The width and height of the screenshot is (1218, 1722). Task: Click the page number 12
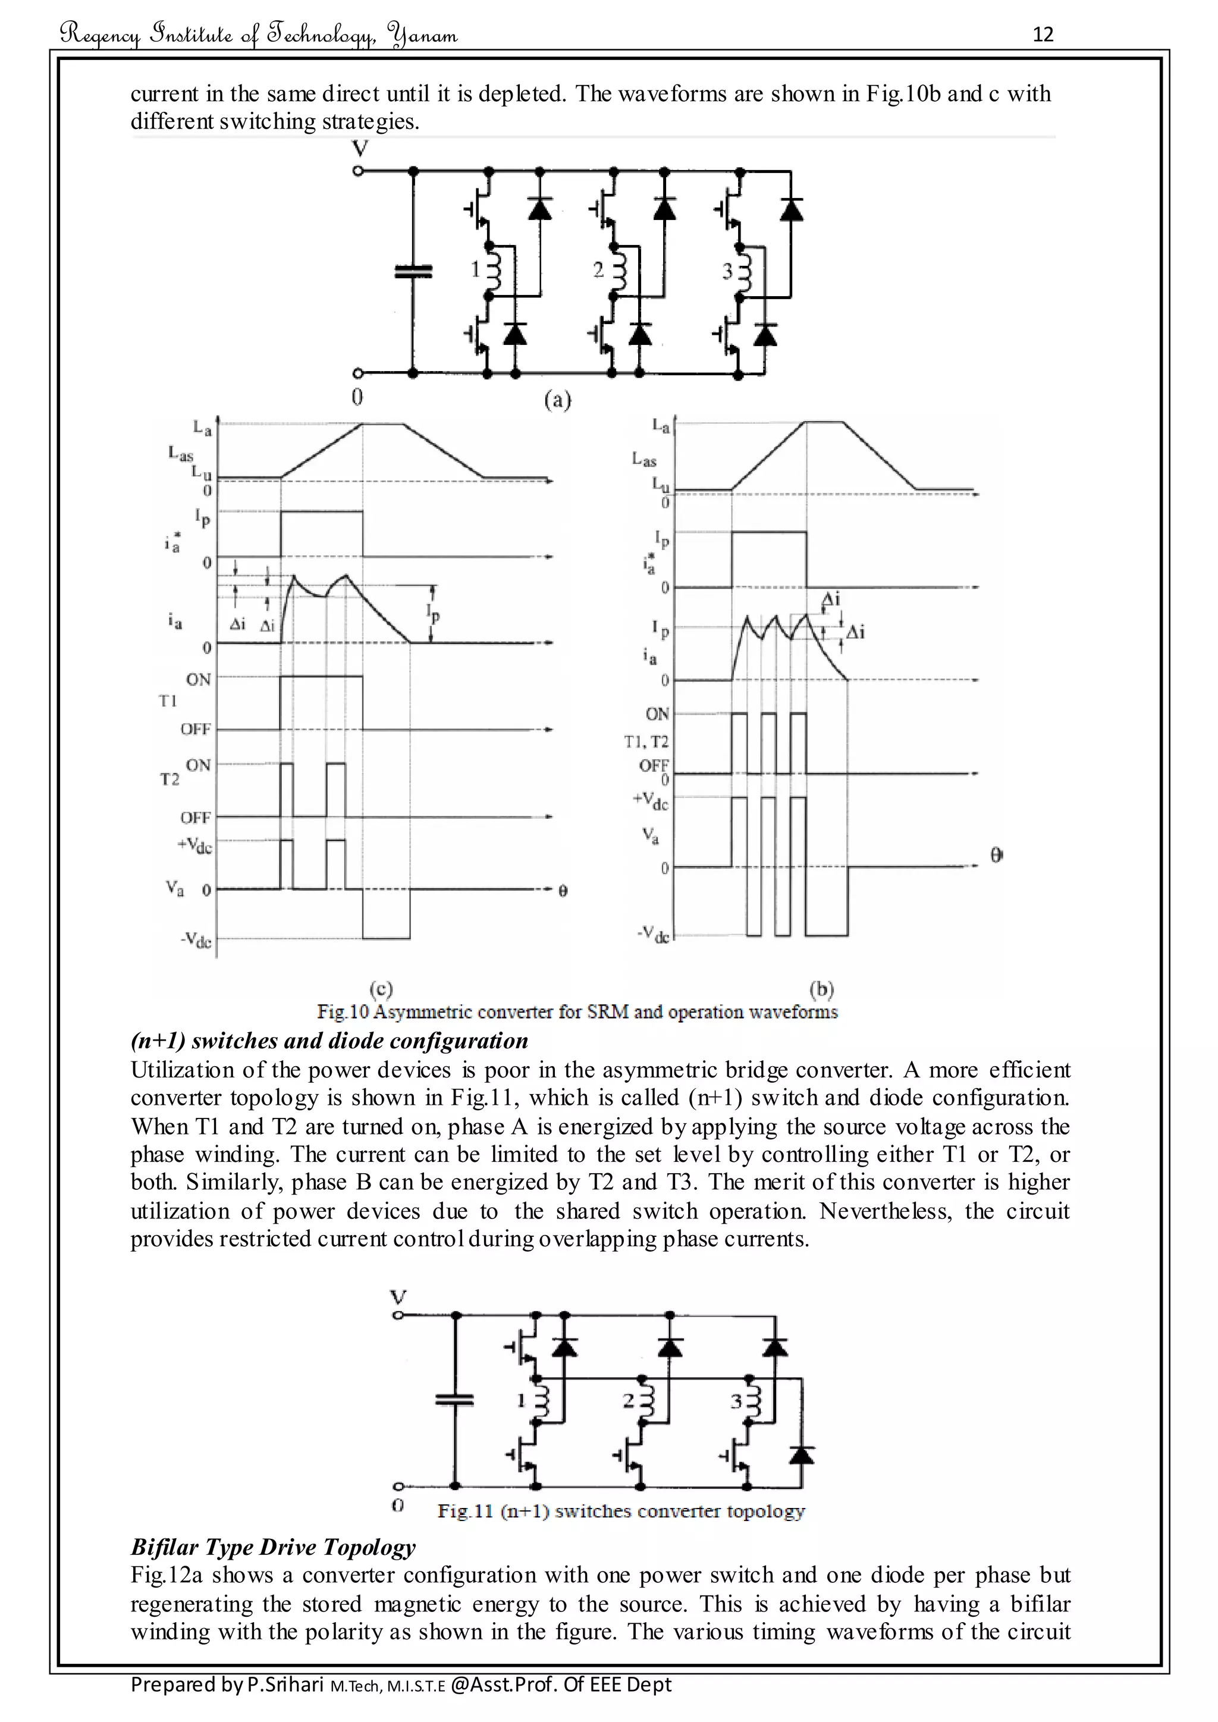tap(1043, 34)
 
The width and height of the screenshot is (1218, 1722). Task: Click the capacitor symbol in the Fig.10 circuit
tap(414, 271)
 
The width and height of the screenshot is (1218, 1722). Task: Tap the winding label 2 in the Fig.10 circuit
tap(598, 270)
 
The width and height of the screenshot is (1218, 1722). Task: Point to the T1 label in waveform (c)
tap(168, 700)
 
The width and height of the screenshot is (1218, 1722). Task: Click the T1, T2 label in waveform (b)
tap(646, 741)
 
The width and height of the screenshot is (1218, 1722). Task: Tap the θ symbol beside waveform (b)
tap(997, 855)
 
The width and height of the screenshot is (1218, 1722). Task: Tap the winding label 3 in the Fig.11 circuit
tap(736, 1400)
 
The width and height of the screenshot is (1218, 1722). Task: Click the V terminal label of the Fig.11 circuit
tap(399, 1297)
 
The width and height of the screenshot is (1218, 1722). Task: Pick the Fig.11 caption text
tap(620, 1512)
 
